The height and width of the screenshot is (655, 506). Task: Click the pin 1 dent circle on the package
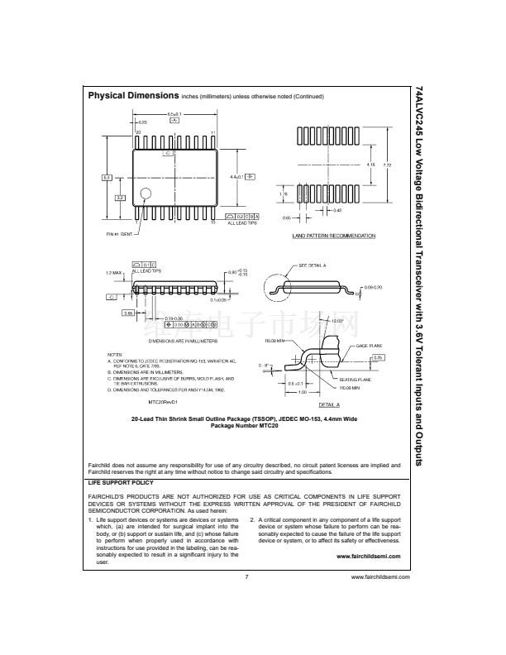146,194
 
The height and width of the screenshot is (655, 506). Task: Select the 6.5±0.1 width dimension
174,113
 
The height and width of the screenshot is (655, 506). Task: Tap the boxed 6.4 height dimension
106,177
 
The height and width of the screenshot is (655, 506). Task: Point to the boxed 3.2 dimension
119,197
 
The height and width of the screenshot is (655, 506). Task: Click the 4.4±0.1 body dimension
236,177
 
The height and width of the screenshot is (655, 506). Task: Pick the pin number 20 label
138,132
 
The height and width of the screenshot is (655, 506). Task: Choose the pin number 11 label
212,132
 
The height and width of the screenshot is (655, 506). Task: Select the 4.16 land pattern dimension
370,165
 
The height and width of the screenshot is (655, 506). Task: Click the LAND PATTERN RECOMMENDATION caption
333,236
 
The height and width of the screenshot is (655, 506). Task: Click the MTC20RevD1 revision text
165,401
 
